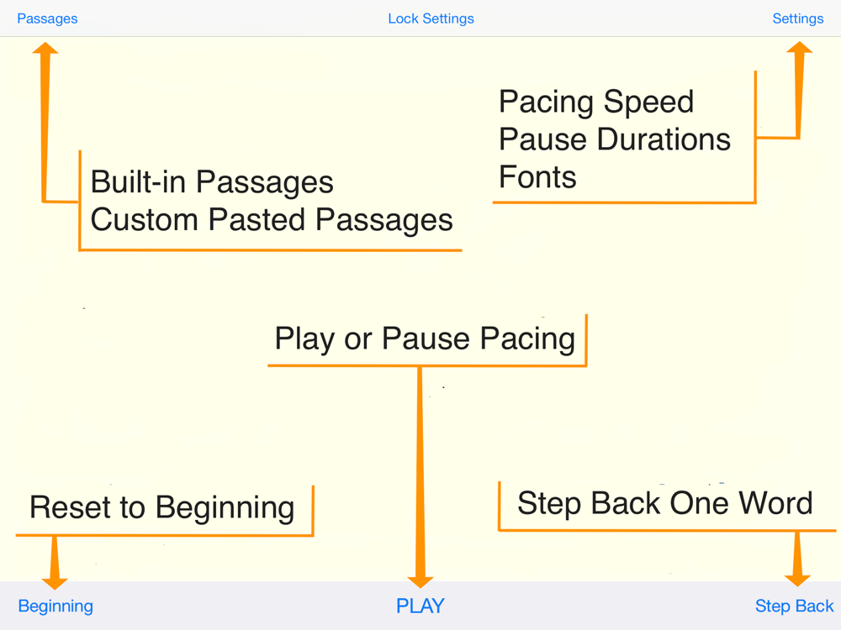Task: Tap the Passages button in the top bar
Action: [x=47, y=18]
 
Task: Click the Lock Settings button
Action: [x=431, y=18]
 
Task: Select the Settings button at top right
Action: [x=797, y=18]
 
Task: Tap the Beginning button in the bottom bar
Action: [x=56, y=606]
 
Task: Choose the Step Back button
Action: [x=795, y=606]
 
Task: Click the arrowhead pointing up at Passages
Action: [x=45, y=48]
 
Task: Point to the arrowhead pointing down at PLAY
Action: [x=420, y=582]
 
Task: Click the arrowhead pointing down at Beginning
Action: [x=55, y=584]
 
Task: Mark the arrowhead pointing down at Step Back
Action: [x=797, y=580]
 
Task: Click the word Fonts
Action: [x=537, y=177]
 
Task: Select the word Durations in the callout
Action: [x=664, y=139]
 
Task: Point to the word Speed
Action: [x=648, y=102]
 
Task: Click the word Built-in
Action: [x=139, y=181]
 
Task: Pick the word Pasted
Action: [x=257, y=219]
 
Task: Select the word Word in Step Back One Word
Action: [x=775, y=503]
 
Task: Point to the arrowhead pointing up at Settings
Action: [x=799, y=48]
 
